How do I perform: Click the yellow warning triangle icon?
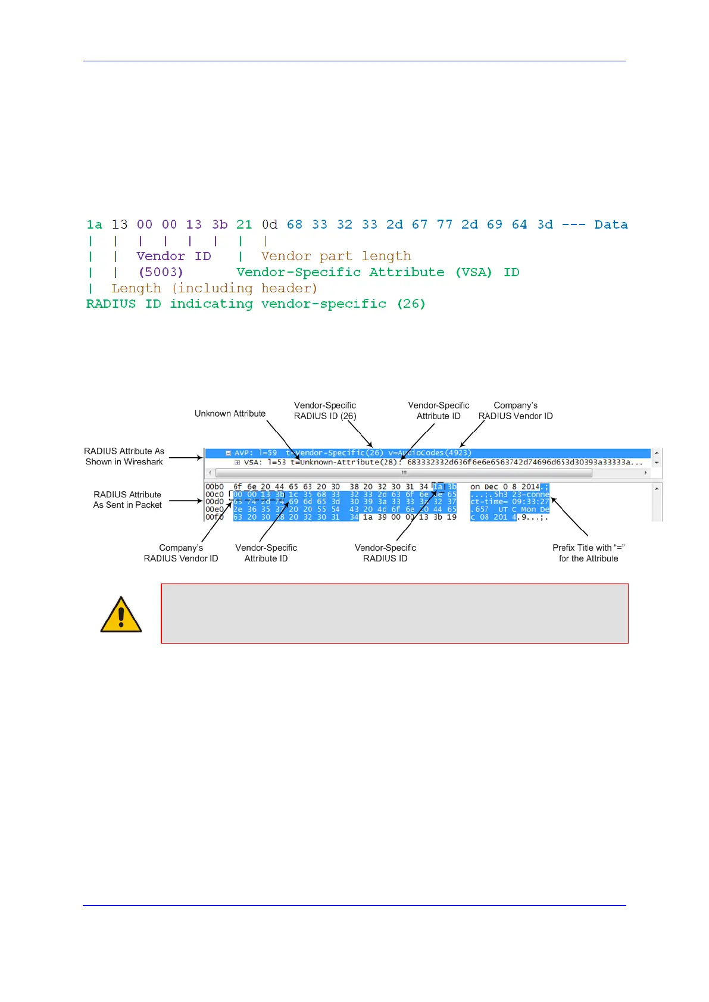tap(121, 614)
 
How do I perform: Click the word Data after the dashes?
tap(611, 224)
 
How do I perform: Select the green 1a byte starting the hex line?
tap(94, 224)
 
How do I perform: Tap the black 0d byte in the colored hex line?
tap(270, 224)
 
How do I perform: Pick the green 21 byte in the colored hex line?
tap(244, 224)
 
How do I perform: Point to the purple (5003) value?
tap(161, 272)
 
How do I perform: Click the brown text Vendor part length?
tap(336, 256)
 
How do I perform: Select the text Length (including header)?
tap(214, 288)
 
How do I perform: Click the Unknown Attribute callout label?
tap(230, 414)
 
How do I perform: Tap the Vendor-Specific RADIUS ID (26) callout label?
tap(325, 411)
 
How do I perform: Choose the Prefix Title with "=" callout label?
tap(588, 553)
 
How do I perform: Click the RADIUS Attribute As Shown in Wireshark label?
tap(124, 457)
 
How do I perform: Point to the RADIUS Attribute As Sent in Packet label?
tap(127, 500)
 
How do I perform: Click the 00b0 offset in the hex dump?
tap(214, 487)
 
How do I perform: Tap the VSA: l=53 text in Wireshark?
tap(260, 463)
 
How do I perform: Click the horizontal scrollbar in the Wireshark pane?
tap(404, 473)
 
